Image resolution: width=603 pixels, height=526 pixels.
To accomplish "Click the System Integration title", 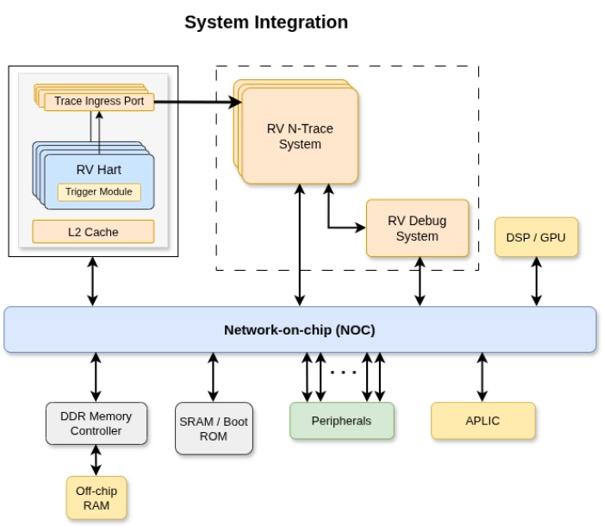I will pyautogui.click(x=267, y=22).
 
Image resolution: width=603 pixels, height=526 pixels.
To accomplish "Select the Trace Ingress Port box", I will pyautogui.click(x=99, y=102).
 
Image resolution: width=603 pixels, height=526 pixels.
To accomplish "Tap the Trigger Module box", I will pyautogui.click(x=99, y=191).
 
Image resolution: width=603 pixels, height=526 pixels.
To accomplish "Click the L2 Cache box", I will pyautogui.click(x=93, y=232).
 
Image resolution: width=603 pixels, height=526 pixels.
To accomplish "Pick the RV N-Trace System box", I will pyautogui.click(x=299, y=136).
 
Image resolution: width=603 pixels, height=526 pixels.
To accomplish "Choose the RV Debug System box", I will pyautogui.click(x=417, y=229).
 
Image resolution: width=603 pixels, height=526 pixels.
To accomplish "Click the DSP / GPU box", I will pyautogui.click(x=536, y=237).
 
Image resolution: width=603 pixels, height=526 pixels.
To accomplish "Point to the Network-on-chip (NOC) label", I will pyautogui.click(x=300, y=329).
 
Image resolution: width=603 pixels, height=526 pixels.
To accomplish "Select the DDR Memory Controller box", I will pyautogui.click(x=96, y=423).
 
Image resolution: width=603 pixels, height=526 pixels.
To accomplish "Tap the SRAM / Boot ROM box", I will pyautogui.click(x=214, y=429).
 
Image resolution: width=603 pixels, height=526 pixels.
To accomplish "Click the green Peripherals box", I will pyautogui.click(x=341, y=421).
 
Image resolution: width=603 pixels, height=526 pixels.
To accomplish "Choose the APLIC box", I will pyautogui.click(x=482, y=421).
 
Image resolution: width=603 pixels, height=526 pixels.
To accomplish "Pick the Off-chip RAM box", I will pyautogui.click(x=96, y=498).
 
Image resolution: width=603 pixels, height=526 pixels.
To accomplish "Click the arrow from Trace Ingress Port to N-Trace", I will pyautogui.click(x=198, y=102).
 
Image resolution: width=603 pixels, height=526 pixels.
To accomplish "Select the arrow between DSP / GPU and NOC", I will pyautogui.click(x=536, y=282).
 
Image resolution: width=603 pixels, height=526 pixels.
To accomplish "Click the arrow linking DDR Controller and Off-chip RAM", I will pyautogui.click(x=96, y=460).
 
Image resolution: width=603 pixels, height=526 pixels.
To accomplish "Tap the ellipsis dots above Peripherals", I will pyautogui.click(x=343, y=373).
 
